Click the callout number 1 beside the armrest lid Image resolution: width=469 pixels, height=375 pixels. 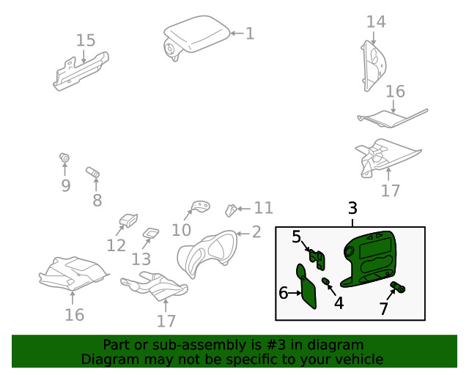coord(250,33)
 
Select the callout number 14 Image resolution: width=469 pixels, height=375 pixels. coord(376,22)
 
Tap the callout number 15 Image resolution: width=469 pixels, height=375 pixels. coord(86,40)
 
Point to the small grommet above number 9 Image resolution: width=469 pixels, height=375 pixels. coord(64,157)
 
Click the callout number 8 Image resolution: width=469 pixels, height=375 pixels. coord(97,200)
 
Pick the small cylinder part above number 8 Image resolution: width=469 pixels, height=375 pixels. coord(93,172)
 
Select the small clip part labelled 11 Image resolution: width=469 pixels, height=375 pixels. coord(231,210)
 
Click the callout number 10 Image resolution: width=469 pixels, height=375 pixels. coord(181,230)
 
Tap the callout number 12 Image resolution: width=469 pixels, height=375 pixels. coord(116,245)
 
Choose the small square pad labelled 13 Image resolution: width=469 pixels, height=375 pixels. coord(151,233)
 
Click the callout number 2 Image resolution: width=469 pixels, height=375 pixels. coord(256,231)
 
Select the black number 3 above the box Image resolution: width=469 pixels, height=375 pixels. coord(353,208)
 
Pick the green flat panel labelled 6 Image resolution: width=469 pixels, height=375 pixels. coord(306,286)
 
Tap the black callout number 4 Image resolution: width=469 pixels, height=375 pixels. coord(339,303)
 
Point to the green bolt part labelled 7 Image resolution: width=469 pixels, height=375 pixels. coord(398,287)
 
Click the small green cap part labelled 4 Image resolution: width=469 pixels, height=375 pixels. coord(325,281)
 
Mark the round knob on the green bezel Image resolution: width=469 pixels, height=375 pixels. coord(349,252)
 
